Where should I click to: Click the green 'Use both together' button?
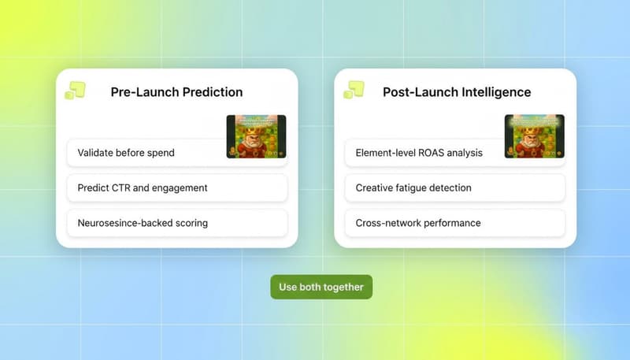coord(321,287)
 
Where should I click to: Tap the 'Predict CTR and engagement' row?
coord(176,188)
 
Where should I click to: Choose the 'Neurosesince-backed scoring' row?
coord(176,223)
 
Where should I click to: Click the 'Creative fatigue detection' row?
coord(454,188)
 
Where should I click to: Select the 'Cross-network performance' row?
coord(454,223)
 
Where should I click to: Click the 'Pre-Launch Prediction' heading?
coord(176,92)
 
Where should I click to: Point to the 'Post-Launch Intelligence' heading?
coord(457,92)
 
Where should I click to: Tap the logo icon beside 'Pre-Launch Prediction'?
coord(76,91)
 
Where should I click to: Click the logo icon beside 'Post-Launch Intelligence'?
coord(354,91)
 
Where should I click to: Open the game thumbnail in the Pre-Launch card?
coord(256,136)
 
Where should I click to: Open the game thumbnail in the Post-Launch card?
coord(534,136)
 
